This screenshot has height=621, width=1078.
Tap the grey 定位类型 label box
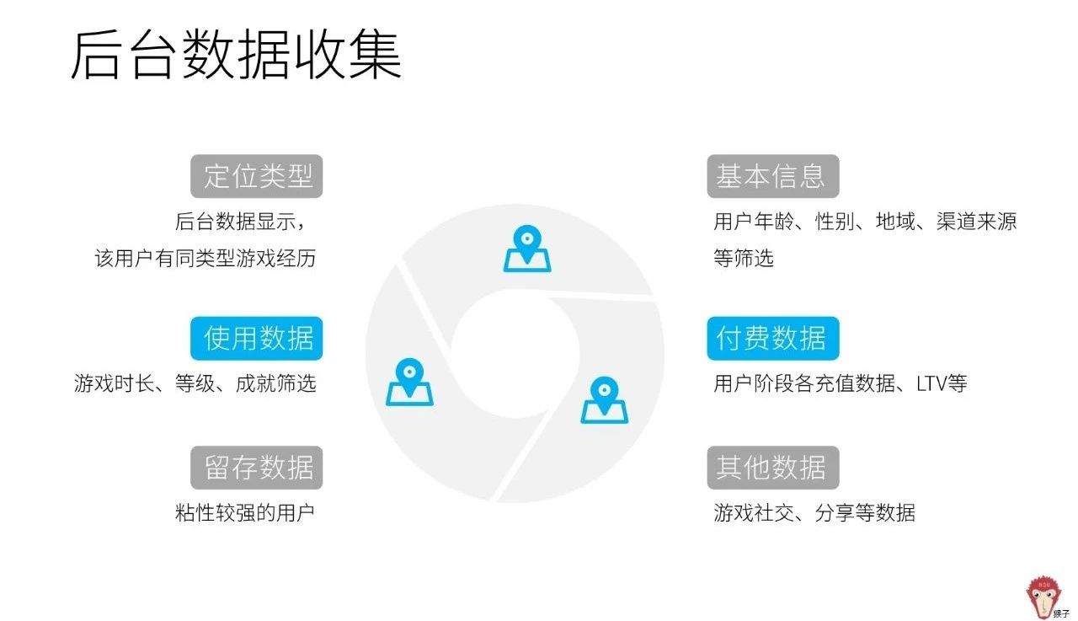[x=257, y=176]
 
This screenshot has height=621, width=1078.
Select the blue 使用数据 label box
[x=257, y=338]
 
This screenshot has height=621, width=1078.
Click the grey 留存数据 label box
[x=257, y=467]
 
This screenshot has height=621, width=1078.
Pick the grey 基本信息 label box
[x=772, y=176]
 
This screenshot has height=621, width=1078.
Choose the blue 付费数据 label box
[x=772, y=338]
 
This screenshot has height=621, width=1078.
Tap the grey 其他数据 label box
[x=772, y=467]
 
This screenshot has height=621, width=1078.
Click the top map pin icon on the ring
[x=527, y=249]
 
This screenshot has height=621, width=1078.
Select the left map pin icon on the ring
[x=409, y=383]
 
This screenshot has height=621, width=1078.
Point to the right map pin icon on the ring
[x=604, y=400]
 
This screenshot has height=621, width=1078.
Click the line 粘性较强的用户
[x=245, y=512]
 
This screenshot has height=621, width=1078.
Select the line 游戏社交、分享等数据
[x=814, y=512]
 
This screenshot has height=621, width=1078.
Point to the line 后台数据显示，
[x=239, y=222]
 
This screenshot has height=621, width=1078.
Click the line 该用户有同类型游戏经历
[x=205, y=259]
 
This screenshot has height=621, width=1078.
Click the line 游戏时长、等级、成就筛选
[x=195, y=384]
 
